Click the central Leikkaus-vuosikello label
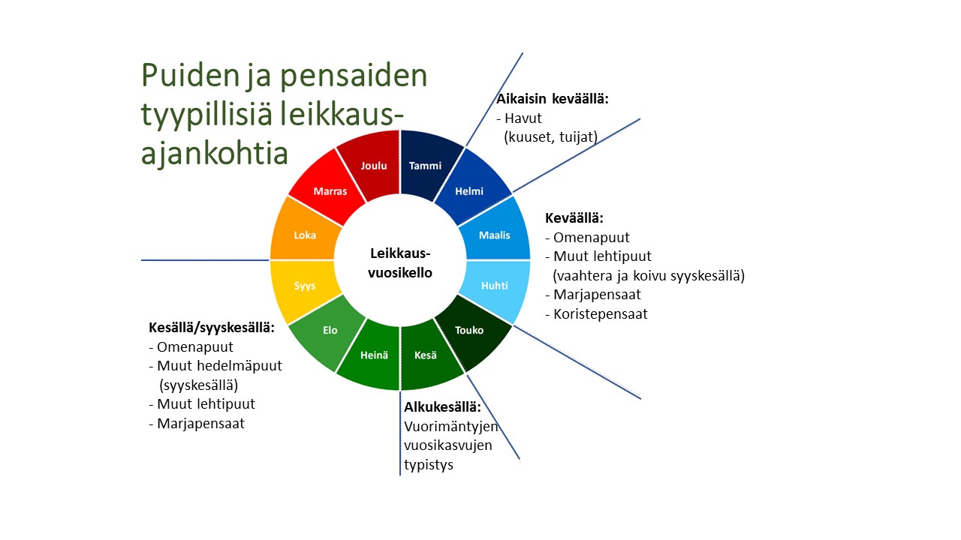point(400,263)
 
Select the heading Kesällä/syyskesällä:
point(211,328)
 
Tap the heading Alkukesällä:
point(442,407)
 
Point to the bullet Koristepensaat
point(601,314)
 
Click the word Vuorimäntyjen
point(451,427)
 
